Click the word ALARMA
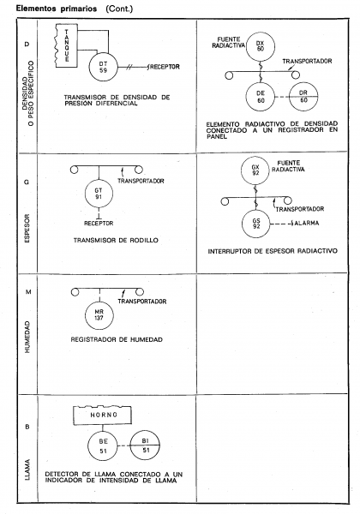(307, 224)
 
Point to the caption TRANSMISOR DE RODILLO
(116, 240)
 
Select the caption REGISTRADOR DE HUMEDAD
(117, 339)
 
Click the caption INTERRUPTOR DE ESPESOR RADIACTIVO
(273, 251)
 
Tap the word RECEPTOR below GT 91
(99, 224)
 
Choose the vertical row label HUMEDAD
(27, 337)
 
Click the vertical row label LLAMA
(27, 469)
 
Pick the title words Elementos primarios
(57, 9)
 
